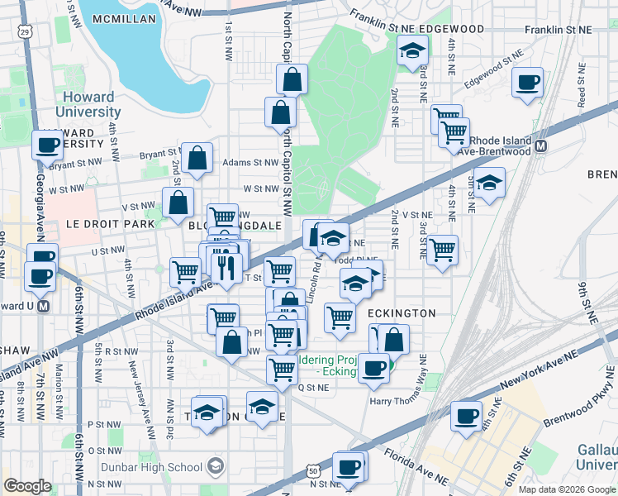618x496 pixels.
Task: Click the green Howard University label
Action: point(89,103)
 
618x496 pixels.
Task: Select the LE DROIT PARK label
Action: point(99,224)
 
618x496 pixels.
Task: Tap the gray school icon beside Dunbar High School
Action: point(216,467)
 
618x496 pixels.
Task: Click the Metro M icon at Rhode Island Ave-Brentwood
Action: point(542,146)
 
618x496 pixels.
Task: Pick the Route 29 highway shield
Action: point(25,32)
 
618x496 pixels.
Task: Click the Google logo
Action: point(27,485)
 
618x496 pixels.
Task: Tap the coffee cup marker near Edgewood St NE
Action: point(527,83)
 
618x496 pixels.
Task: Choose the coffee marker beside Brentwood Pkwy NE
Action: point(467,415)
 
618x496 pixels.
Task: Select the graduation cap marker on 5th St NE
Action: point(489,184)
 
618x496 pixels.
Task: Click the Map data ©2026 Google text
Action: point(567,489)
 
